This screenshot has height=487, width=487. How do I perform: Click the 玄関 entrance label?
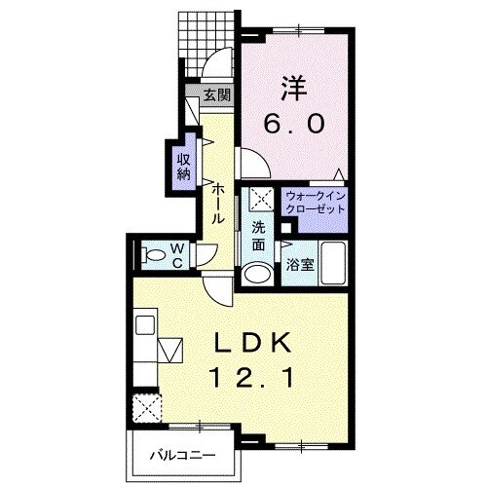click(217, 95)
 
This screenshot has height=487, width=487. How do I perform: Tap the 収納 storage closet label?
click(183, 167)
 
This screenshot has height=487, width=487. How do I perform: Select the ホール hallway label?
click(218, 204)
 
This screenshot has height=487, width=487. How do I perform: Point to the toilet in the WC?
click(153, 255)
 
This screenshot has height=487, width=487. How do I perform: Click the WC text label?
click(177, 256)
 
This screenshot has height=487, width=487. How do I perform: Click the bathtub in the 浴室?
click(333, 263)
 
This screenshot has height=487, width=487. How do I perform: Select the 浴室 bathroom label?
click(300, 265)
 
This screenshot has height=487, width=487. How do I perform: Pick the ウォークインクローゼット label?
click(315, 203)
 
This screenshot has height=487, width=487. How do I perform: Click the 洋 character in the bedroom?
click(294, 89)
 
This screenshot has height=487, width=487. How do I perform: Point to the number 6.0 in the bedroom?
click(294, 124)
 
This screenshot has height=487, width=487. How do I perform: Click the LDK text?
click(251, 343)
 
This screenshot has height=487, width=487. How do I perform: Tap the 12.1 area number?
click(252, 378)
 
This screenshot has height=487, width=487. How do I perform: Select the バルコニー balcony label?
click(182, 456)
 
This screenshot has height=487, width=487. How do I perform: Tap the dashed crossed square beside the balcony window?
click(147, 408)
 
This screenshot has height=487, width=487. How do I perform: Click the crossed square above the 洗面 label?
click(262, 199)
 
